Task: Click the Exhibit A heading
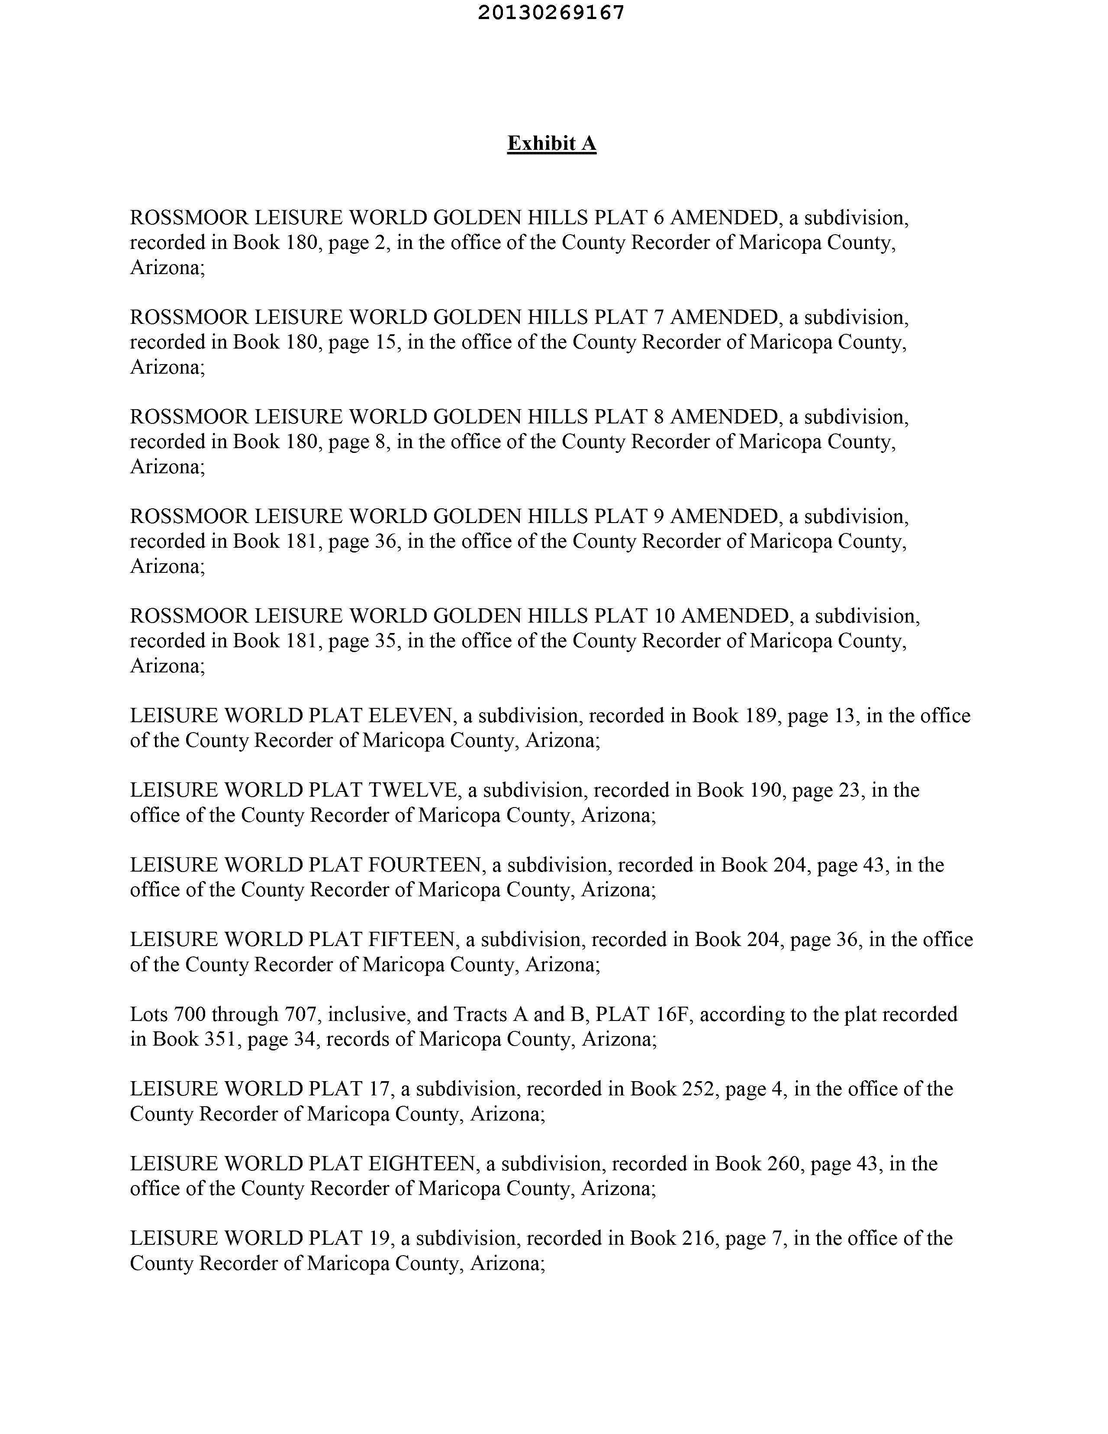551,143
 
